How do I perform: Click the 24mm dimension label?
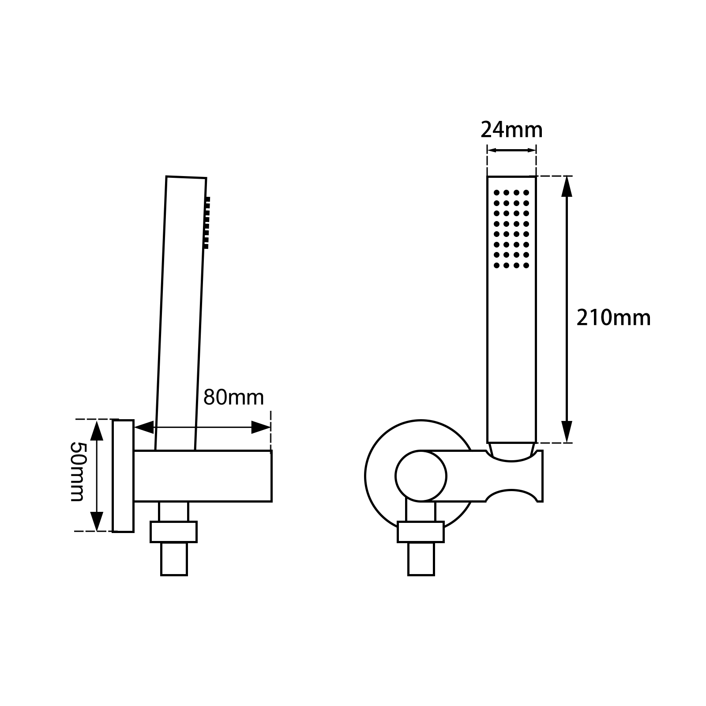click(511, 130)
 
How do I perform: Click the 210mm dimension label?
click(613, 318)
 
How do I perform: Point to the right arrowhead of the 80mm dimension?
click(260, 427)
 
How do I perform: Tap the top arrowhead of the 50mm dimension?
click(97, 430)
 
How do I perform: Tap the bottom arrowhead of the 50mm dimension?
click(97, 521)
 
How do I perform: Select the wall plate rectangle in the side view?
click(123, 476)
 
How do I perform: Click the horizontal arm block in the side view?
click(203, 476)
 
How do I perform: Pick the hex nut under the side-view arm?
click(173, 532)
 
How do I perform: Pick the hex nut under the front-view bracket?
click(421, 532)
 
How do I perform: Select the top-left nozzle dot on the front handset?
click(496, 193)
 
